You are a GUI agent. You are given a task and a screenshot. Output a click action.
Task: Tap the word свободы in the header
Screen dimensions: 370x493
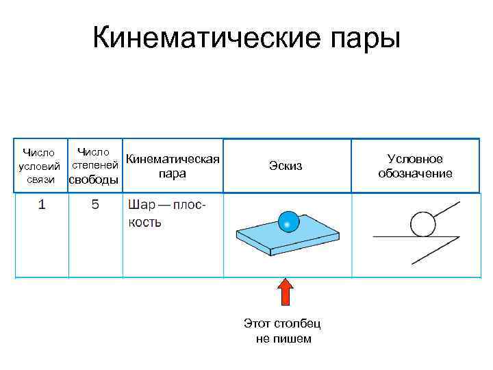[94, 180]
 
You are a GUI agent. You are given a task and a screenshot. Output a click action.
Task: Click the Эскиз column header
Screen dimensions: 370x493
[286, 166]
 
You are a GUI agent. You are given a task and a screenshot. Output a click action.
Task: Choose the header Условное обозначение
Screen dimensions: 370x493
[415, 166]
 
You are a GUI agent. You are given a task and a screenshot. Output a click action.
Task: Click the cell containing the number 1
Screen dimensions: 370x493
[42, 205]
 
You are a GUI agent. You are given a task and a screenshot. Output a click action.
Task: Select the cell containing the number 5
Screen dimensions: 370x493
[95, 205]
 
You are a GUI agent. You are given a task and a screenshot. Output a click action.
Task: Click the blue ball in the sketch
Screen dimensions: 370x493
[288, 221]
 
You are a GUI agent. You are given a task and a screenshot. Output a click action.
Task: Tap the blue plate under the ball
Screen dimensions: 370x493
[288, 238]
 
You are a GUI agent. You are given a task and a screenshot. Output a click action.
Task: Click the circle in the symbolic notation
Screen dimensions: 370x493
[422, 223]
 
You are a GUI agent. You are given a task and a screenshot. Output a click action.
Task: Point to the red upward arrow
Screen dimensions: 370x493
[286, 291]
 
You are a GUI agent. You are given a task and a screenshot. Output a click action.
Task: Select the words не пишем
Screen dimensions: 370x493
[283, 338]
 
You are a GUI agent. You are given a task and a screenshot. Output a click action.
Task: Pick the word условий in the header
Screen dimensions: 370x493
[39, 166]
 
